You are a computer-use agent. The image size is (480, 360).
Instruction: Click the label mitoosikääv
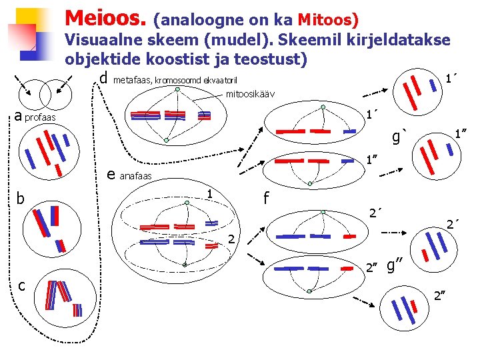pos(250,94)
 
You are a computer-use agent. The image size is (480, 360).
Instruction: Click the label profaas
pos(41,119)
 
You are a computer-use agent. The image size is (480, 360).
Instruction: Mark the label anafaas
pos(135,177)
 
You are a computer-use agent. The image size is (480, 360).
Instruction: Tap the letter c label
pos(21,286)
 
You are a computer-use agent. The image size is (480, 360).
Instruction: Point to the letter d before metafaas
pos(103,77)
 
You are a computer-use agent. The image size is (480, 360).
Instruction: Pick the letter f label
pos(266,199)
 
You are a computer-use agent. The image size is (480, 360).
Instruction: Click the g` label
pos(399,138)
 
